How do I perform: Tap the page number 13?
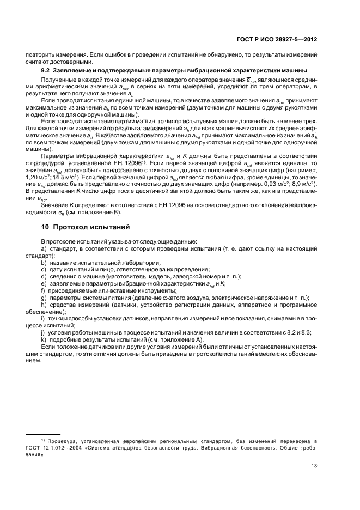314,465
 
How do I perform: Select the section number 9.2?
45,71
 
